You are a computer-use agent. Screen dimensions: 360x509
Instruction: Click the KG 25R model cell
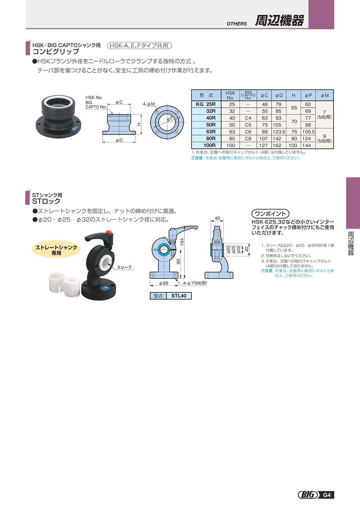[206, 104]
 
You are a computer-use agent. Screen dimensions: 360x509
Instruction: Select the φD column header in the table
[279, 95]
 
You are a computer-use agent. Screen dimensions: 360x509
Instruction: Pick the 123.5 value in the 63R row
[279, 132]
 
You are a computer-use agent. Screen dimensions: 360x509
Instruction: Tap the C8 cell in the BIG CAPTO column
[248, 138]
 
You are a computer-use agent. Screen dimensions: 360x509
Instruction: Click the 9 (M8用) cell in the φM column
[324, 138]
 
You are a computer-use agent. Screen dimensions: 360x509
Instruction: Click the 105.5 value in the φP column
[308, 132]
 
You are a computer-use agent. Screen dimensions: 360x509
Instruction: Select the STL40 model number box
[179, 296]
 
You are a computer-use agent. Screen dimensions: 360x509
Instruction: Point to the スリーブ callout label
[124, 267]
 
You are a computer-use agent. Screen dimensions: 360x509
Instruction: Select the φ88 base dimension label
[164, 283]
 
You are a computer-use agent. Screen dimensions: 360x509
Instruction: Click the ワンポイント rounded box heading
[270, 214]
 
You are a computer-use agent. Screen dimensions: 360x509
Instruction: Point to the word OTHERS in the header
[236, 24]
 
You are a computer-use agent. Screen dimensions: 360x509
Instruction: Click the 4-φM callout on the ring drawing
[148, 104]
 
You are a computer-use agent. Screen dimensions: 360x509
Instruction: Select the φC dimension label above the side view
[119, 102]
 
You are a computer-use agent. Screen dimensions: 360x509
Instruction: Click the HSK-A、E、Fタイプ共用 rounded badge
[139, 46]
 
